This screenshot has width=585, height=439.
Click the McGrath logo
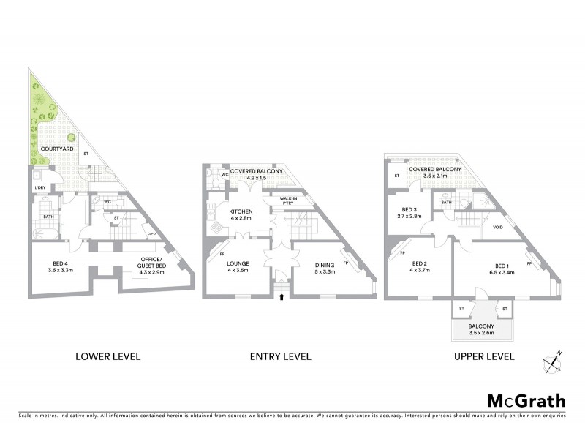526,400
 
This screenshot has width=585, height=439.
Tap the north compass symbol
551,361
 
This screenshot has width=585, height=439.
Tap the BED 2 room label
420,267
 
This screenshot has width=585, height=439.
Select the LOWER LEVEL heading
108,356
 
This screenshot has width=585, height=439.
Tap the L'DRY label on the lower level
40,189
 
